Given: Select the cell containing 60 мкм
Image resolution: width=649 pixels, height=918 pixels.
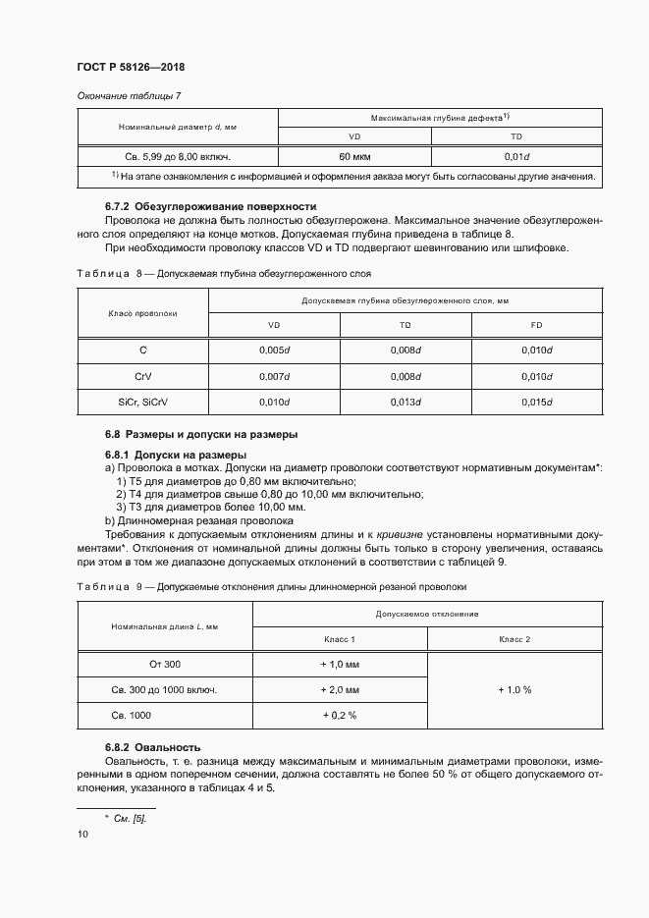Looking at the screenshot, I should tap(353, 156).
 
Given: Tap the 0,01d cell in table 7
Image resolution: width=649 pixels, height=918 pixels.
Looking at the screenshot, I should tap(516, 156).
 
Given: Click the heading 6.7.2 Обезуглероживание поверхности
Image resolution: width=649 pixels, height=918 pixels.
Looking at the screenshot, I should tap(210, 207).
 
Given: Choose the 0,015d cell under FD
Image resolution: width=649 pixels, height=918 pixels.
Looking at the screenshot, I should tap(536, 403).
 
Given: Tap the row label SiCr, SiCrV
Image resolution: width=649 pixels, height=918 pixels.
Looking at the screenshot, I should tap(142, 403).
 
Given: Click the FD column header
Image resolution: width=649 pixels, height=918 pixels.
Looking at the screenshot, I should tap(536, 324).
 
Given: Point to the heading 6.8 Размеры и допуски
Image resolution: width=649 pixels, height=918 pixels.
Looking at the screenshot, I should tap(201, 434).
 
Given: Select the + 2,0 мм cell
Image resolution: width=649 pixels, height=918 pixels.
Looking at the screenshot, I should tap(340, 689).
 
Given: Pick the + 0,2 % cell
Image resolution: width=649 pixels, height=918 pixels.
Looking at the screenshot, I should tap(340, 716).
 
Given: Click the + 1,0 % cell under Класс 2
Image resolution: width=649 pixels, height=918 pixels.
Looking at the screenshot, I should tap(514, 689).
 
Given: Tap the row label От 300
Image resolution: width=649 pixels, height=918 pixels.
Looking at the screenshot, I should tap(165, 664).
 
